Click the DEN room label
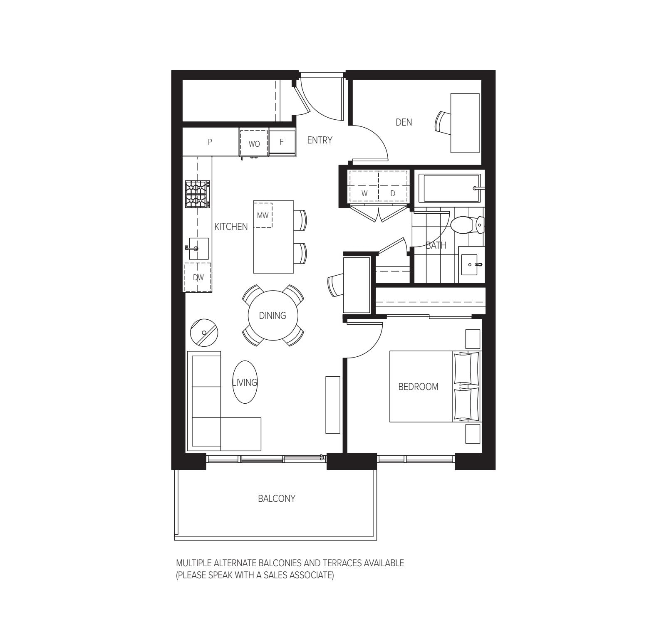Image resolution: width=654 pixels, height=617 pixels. [404, 122]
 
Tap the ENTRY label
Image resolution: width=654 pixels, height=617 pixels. [320, 141]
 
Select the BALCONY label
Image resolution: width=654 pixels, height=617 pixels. [276, 499]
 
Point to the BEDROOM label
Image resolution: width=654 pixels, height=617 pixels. [418, 387]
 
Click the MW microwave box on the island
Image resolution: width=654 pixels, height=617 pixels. [263, 215]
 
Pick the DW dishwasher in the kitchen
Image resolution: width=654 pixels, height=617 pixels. [198, 277]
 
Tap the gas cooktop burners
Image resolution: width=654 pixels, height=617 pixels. [197, 194]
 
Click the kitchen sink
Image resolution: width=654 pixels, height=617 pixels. [198, 248]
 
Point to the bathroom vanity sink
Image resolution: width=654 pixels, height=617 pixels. [471, 264]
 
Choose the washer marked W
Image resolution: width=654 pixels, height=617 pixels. [364, 193]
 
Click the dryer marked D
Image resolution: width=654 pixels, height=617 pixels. [393, 193]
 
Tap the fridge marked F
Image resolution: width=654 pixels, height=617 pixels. [282, 142]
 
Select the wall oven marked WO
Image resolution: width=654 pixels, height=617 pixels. [254, 143]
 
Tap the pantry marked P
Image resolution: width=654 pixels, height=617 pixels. [210, 142]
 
